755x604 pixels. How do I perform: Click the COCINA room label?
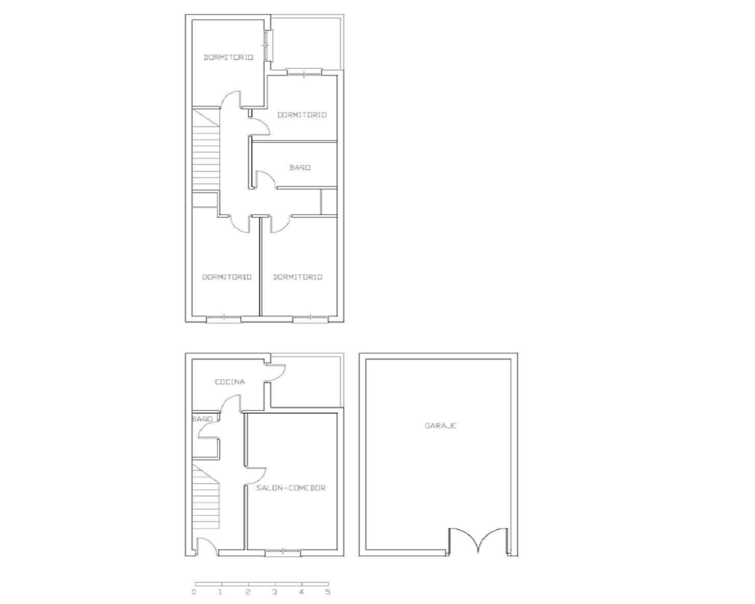pyautogui.click(x=230, y=382)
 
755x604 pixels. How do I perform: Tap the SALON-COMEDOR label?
pyautogui.click(x=291, y=488)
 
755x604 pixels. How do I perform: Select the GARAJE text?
pyautogui.click(x=441, y=426)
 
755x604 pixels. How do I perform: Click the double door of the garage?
pyautogui.click(x=478, y=541)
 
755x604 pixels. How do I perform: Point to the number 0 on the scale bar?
pyautogui.click(x=194, y=592)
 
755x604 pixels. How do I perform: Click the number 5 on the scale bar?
pyautogui.click(x=328, y=592)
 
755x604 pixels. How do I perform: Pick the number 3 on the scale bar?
pyautogui.click(x=275, y=592)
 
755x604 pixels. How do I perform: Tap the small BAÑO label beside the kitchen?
pyautogui.click(x=202, y=419)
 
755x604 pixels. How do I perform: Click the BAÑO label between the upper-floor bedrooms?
pyautogui.click(x=300, y=168)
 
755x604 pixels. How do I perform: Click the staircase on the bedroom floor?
pyautogui.click(x=206, y=150)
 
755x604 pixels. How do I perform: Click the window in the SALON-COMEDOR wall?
pyautogui.click(x=283, y=552)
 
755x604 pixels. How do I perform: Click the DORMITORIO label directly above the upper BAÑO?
pyautogui.click(x=302, y=115)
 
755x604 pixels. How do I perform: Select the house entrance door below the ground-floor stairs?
pyautogui.click(x=207, y=546)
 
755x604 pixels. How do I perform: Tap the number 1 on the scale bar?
pyautogui.click(x=220, y=592)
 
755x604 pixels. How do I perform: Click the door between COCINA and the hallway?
pyautogui.click(x=231, y=403)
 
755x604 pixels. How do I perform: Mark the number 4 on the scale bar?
pyautogui.click(x=301, y=592)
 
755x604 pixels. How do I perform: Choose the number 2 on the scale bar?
pyautogui.click(x=248, y=592)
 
